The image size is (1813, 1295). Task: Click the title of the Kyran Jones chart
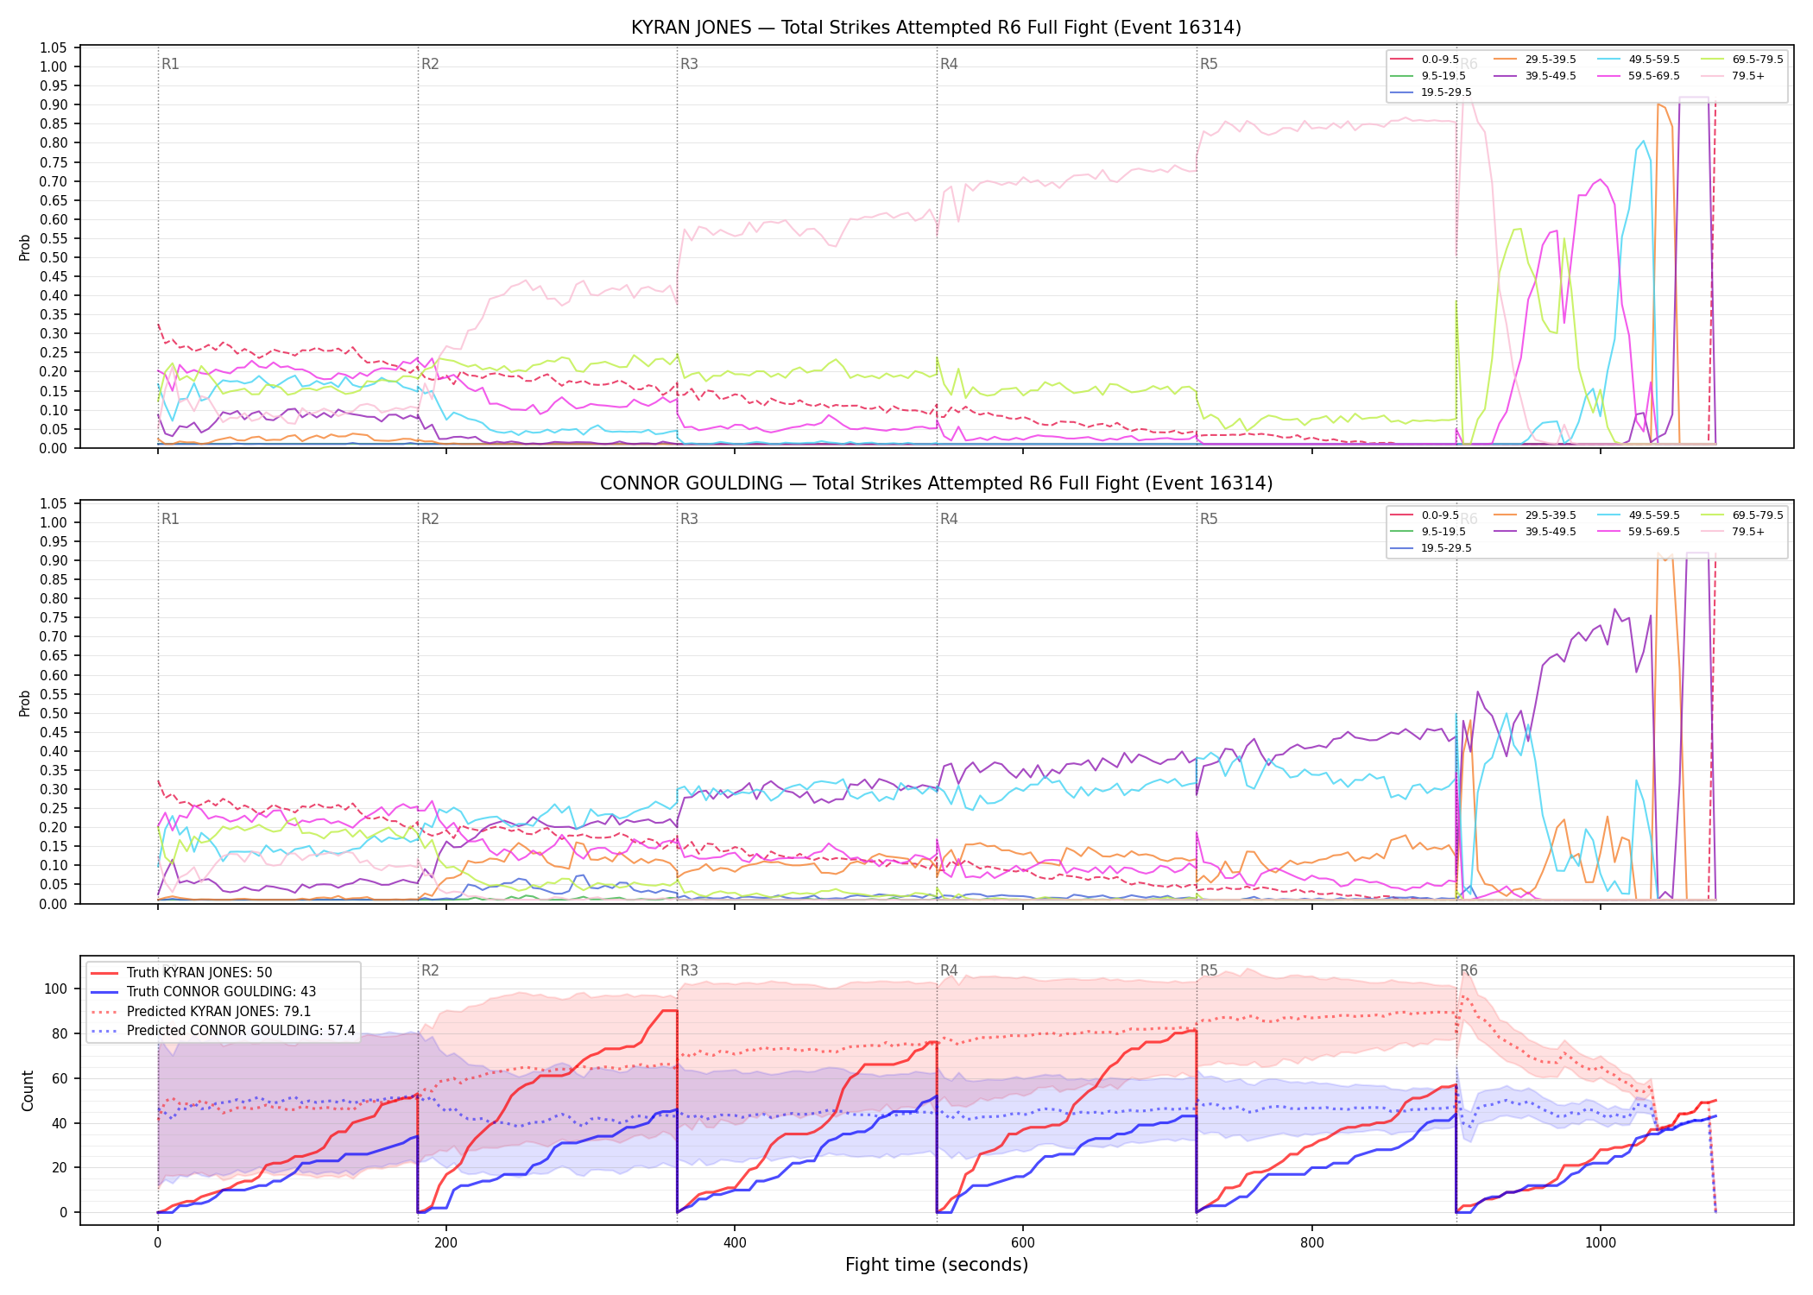(x=936, y=28)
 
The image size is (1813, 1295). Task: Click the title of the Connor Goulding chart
(x=936, y=483)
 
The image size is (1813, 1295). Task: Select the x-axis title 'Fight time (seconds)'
(x=937, y=1265)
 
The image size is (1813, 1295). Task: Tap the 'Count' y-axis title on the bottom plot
(x=28, y=1090)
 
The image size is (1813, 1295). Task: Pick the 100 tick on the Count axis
(x=56, y=989)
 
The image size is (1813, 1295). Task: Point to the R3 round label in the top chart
(x=689, y=64)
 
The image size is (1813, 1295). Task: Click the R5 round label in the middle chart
(x=1209, y=519)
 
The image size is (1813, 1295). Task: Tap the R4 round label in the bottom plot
(x=949, y=970)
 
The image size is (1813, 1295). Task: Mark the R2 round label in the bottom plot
(x=430, y=970)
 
